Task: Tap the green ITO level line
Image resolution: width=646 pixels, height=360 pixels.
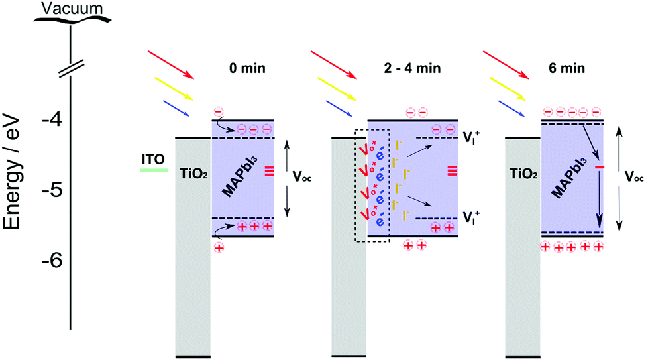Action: [x=154, y=170]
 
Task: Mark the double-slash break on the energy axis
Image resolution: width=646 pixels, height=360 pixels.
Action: [x=70, y=68]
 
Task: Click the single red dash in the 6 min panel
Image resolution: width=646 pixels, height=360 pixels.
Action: [x=600, y=168]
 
